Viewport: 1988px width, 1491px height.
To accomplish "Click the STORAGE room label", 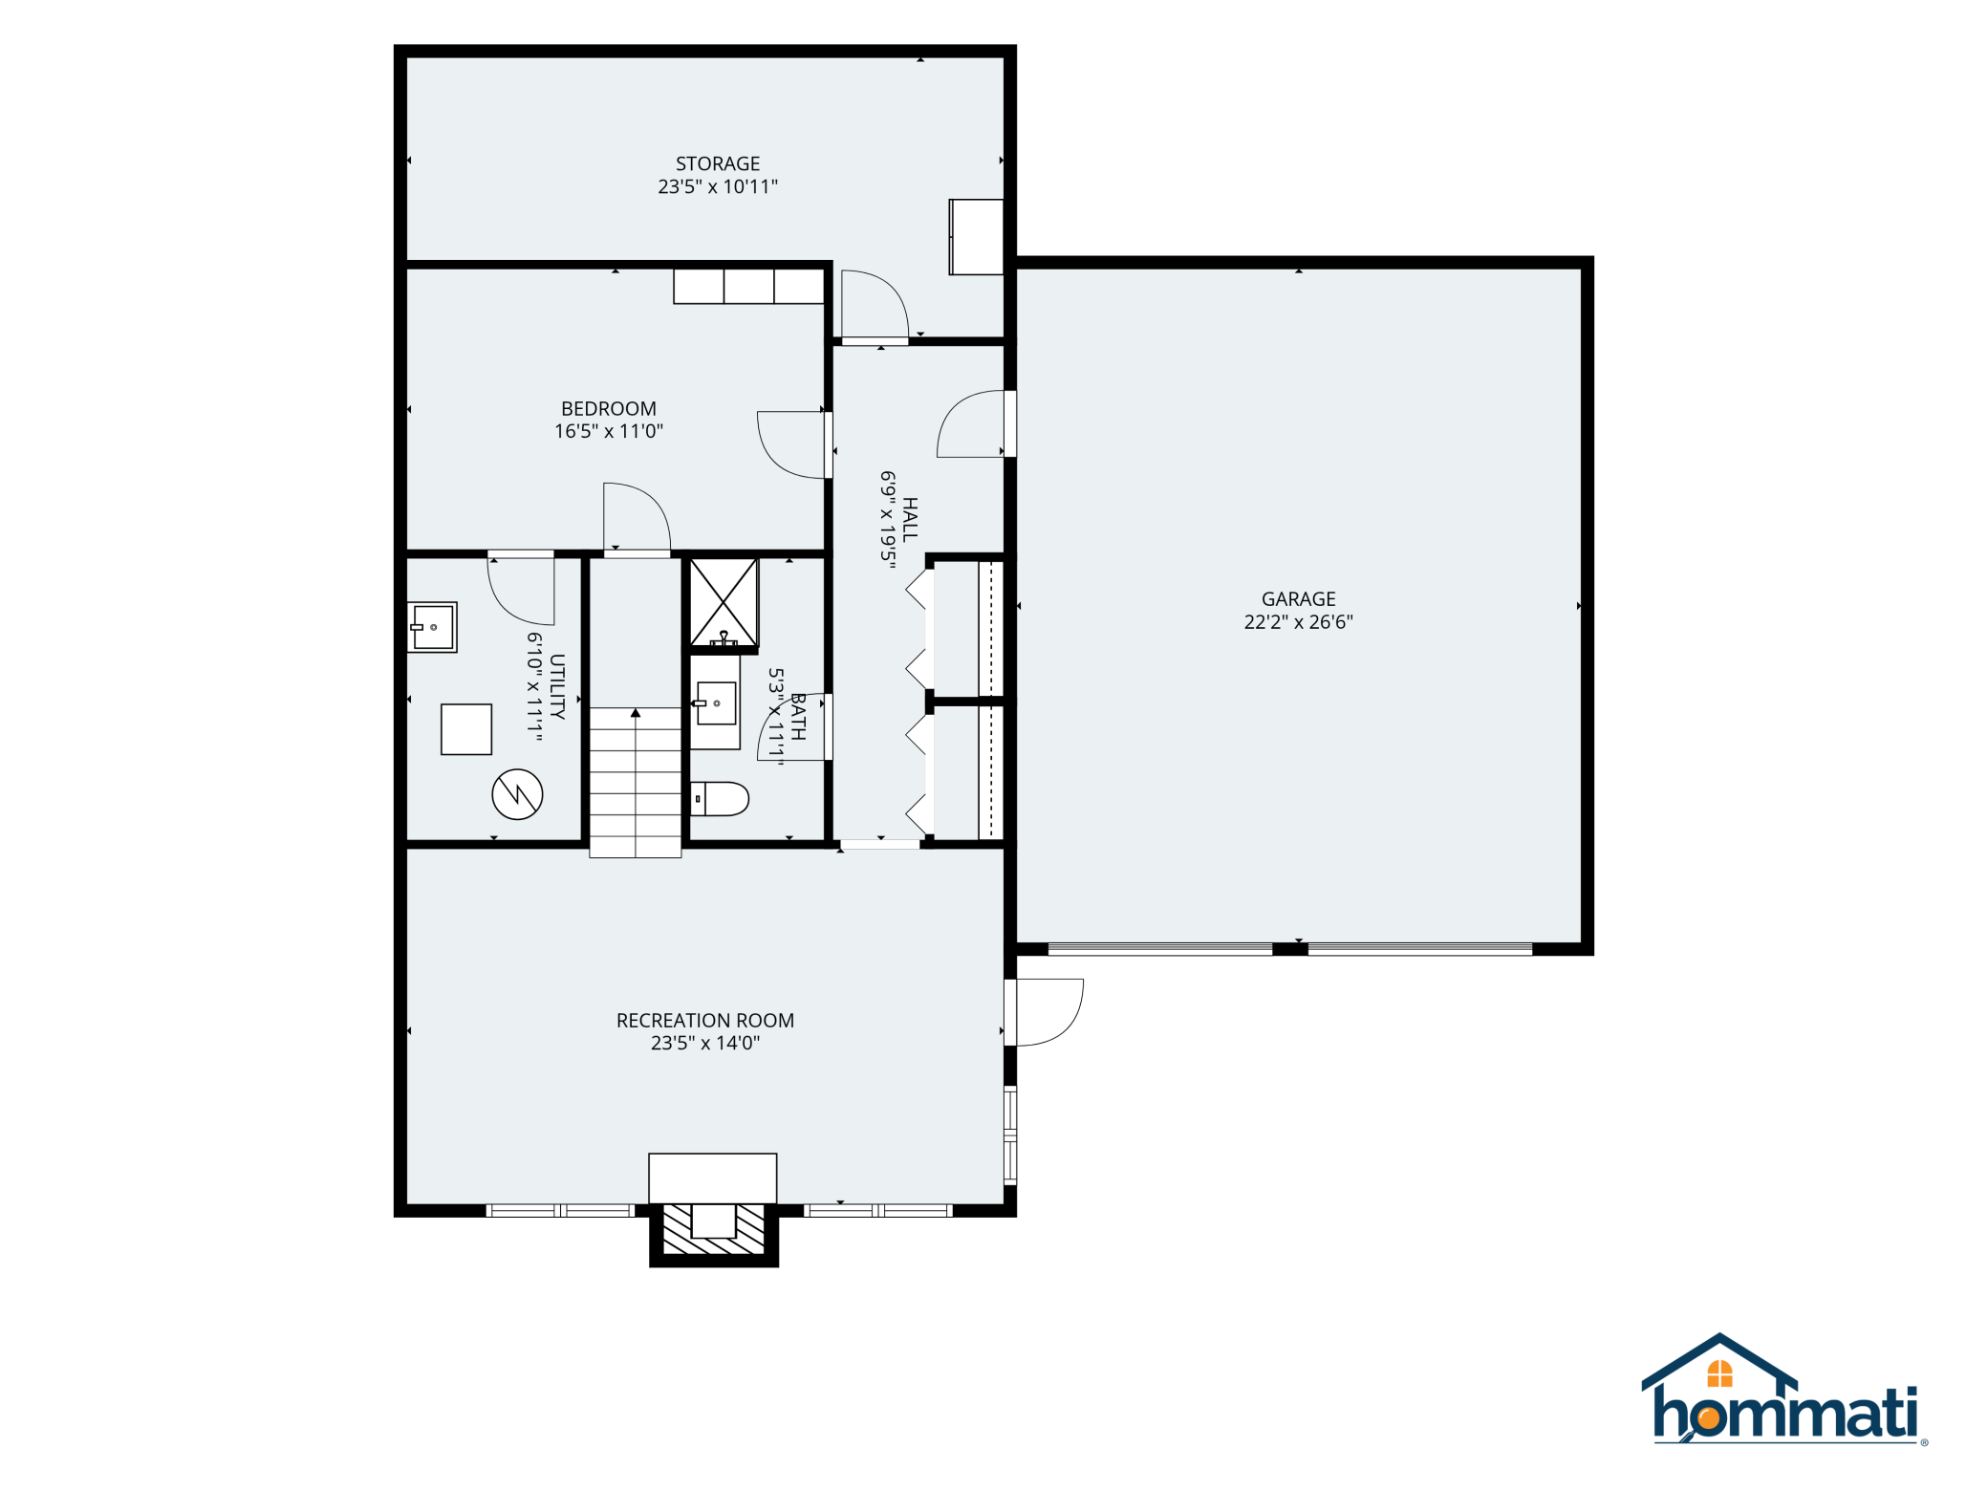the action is [718, 164].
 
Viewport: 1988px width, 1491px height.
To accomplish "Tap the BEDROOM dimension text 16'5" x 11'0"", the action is [609, 431].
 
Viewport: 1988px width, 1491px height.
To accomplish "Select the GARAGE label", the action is [1298, 599].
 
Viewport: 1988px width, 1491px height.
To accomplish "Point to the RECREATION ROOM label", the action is [705, 1021].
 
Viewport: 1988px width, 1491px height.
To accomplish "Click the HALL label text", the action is [910, 520].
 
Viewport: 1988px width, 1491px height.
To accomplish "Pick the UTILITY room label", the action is [557, 686].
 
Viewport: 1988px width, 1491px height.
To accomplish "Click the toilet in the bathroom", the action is [719, 798].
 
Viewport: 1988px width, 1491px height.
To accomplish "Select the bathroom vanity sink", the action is [715, 702].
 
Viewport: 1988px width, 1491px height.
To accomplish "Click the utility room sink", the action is [432, 627].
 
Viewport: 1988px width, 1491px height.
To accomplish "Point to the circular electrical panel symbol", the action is [517, 794].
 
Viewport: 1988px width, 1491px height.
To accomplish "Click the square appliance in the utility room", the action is [466, 729].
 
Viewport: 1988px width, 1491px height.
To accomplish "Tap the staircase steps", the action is [635, 782].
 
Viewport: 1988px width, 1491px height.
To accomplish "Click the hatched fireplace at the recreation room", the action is [714, 1229].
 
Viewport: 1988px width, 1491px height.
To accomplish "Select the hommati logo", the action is [1783, 1389].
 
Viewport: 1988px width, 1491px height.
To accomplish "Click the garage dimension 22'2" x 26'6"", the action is [1298, 622].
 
